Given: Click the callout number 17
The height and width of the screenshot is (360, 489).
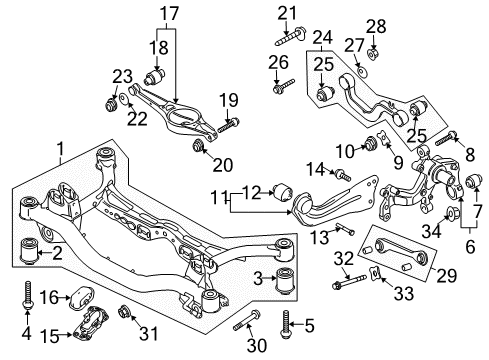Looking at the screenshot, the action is pyautogui.click(x=169, y=14).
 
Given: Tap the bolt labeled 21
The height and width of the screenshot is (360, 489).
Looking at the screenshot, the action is pyautogui.click(x=290, y=37).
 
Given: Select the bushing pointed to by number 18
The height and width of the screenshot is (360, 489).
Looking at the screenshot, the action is pyautogui.click(x=155, y=76).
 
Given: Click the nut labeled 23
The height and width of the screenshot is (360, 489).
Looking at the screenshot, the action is pyautogui.click(x=110, y=104).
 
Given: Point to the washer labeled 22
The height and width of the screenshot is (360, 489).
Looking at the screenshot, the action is pyautogui.click(x=124, y=99).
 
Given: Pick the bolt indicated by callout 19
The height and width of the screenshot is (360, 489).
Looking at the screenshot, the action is pyautogui.click(x=229, y=125).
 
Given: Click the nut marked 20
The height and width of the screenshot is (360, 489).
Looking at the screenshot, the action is pyautogui.click(x=199, y=146).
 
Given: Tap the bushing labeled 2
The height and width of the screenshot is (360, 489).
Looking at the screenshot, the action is pyautogui.click(x=29, y=250).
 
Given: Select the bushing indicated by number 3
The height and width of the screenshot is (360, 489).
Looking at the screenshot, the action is pyautogui.click(x=286, y=280).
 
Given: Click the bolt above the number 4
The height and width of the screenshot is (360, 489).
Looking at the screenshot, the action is pyautogui.click(x=27, y=295).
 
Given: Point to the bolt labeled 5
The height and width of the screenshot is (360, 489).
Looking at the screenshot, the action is pyautogui.click(x=286, y=324).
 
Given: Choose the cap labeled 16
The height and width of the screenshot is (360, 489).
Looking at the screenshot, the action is pyautogui.click(x=82, y=296).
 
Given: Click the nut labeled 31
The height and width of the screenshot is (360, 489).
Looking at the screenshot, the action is pyautogui.click(x=124, y=312).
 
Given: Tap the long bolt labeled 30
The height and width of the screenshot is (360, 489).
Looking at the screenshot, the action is pyautogui.click(x=247, y=320).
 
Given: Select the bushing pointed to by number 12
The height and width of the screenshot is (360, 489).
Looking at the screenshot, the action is pyautogui.click(x=283, y=194).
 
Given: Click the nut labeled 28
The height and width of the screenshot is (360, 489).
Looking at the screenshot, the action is pyautogui.click(x=373, y=53).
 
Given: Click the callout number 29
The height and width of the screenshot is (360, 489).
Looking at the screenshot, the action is pyautogui.click(x=446, y=276).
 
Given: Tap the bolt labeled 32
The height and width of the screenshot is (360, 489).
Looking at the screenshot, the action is pyautogui.click(x=350, y=282).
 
